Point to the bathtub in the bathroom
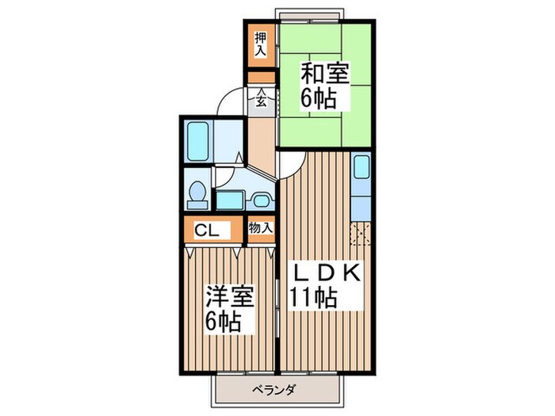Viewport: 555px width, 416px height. tap(198, 143)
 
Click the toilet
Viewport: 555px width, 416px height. tap(199, 193)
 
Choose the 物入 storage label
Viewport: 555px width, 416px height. tap(260, 228)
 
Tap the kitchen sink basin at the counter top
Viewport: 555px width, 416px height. tap(361, 169)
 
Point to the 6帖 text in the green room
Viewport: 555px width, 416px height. tap(317, 99)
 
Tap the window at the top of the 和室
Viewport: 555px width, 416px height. tap(309, 13)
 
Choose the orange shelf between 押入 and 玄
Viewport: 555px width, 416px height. tap(259, 77)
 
